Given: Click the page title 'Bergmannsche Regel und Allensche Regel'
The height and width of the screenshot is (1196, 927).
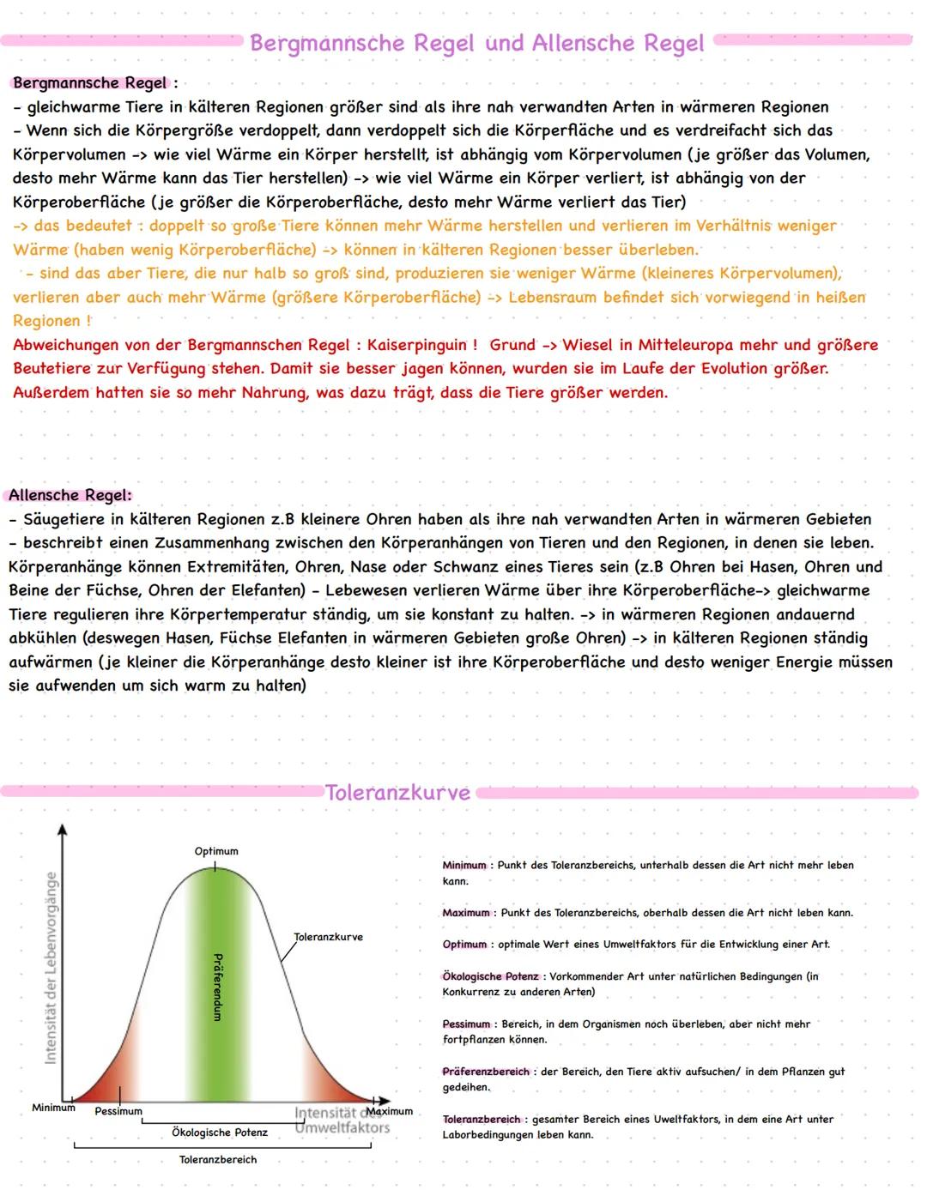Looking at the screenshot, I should tap(477, 43).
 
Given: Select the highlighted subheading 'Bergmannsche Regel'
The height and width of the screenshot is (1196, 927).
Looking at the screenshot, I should tap(90, 83).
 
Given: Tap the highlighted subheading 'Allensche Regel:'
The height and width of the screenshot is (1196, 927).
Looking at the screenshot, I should tap(70, 495).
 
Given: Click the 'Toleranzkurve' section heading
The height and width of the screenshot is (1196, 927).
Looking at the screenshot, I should tap(398, 793).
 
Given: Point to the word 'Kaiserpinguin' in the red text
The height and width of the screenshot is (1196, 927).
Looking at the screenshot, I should tap(415, 345).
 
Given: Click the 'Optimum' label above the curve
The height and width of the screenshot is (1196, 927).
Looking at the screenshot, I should tap(216, 851).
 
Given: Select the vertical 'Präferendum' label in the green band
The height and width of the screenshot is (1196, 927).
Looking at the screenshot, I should tap(217, 986).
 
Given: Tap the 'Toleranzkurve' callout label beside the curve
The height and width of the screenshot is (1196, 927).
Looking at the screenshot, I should tap(328, 937).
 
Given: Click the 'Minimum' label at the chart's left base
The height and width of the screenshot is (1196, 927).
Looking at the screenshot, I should tap(53, 1108).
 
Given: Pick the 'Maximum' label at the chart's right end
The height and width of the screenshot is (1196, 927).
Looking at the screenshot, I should tap(391, 1111).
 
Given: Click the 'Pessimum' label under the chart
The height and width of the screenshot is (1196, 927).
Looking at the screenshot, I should tap(118, 1111).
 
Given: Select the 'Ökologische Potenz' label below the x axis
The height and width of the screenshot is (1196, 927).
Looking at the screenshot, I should tap(220, 1133).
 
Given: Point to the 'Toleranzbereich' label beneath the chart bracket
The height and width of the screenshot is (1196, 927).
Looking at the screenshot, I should tap(218, 1160).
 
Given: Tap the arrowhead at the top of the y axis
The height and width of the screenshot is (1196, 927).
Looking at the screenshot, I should tap(61, 829).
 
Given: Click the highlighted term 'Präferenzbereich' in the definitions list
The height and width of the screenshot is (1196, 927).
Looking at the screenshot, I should tap(486, 1072).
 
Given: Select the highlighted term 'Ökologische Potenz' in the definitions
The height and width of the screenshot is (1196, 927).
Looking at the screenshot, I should tap(491, 976).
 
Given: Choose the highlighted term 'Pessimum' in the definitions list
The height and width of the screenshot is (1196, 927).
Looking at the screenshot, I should tap(466, 1024).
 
